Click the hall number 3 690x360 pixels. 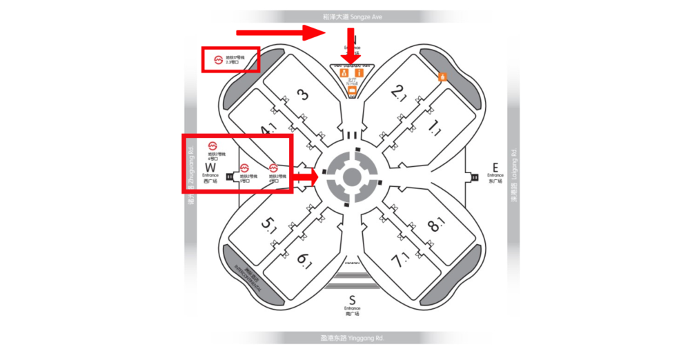click(302, 95)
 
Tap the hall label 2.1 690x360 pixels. click(398, 92)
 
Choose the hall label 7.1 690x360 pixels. click(398, 261)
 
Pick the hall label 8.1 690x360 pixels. click(435, 224)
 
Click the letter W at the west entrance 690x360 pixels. click(210, 167)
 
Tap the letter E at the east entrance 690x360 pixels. click(495, 166)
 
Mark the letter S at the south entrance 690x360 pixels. click(352, 299)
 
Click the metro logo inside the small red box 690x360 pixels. click(217, 60)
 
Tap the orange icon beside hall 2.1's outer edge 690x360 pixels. click(443, 77)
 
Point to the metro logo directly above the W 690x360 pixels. click(213, 146)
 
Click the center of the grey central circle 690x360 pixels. click(352, 176)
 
